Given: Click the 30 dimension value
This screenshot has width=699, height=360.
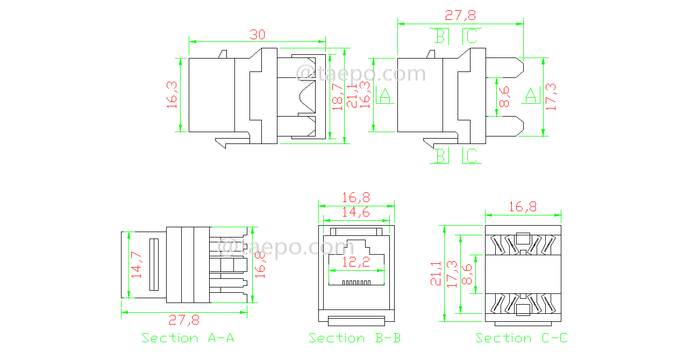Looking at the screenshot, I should pos(258,34).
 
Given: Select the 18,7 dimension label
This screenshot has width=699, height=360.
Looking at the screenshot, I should pos(337,97).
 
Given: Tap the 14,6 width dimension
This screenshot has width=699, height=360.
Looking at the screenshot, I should pos(355,212).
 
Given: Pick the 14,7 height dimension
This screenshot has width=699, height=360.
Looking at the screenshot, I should pos(137,264).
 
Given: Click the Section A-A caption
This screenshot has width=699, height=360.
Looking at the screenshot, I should pos(188,338).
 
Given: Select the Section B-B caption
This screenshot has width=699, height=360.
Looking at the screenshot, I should pos(354,338).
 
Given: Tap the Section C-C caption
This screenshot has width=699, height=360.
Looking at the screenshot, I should pos(521,338).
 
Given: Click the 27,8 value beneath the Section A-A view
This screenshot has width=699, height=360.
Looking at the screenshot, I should pos(184,320).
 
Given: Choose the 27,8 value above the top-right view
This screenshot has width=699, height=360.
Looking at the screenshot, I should pos(460,16).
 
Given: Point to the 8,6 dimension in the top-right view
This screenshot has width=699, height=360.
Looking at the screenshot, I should pos(505,97).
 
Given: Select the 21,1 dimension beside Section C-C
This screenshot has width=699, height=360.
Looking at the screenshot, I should pos(436,273).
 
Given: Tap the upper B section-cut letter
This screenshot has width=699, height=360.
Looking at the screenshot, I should pos(440,37).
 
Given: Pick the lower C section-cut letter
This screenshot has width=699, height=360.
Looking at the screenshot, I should pos(471,156).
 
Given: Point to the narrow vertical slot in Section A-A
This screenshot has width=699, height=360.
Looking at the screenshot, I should pos(154,264).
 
